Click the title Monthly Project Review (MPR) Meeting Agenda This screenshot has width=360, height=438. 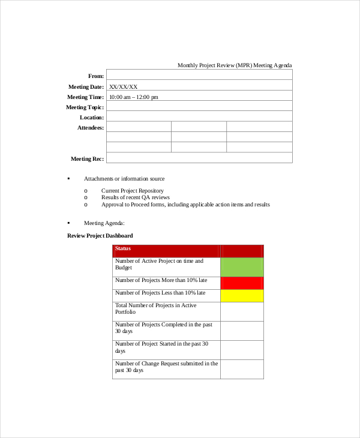click(x=235, y=65)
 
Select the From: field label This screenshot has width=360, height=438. click(x=96, y=76)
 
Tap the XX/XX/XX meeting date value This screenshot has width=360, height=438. click(x=123, y=87)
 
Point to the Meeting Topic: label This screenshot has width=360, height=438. click(x=85, y=107)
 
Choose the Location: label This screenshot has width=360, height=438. click(x=92, y=118)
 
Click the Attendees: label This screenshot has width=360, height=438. click(x=91, y=128)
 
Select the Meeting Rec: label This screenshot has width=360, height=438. click(x=87, y=158)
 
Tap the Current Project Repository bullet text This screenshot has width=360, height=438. click(x=132, y=191)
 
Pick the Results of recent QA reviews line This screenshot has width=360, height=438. click(x=135, y=197)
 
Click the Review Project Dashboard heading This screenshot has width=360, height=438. click(x=100, y=236)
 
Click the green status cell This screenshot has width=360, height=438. click(x=242, y=267)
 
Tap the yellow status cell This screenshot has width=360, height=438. click(x=242, y=296)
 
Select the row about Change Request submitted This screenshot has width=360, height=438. click(x=166, y=367)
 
